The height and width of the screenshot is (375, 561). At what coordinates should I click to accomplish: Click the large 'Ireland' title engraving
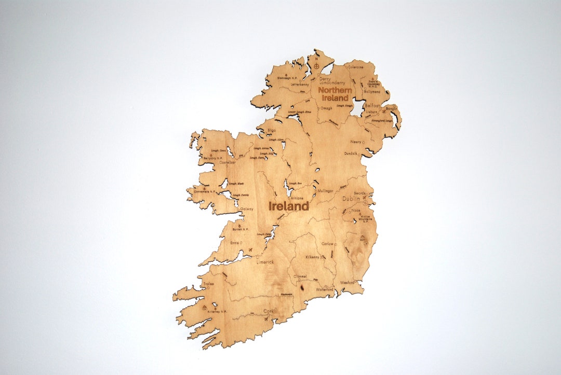[x=289, y=206]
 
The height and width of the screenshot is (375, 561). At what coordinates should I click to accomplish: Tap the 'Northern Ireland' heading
[x=335, y=94]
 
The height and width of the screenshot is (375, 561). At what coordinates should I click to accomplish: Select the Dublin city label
[x=351, y=199]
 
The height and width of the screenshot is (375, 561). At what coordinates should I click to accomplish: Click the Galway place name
[x=247, y=209]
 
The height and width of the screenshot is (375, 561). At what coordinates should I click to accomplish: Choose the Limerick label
[x=265, y=262]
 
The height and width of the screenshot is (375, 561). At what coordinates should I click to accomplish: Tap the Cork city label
[x=268, y=311]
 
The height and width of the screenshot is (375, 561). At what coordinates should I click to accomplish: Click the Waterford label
[x=325, y=289]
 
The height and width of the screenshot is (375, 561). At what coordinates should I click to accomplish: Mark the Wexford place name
[x=347, y=283]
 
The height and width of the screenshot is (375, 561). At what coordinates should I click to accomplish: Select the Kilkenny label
[x=313, y=256]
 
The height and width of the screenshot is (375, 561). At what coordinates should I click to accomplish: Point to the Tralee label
[x=209, y=284]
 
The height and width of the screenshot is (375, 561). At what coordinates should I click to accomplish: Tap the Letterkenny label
[x=300, y=84]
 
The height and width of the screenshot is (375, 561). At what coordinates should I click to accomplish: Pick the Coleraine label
[x=356, y=67]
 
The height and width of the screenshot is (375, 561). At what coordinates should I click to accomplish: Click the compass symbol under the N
[x=316, y=66]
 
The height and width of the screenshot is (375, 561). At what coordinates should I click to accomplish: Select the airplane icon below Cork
[x=266, y=318]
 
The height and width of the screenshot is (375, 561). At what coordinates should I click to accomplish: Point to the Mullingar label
[x=325, y=191]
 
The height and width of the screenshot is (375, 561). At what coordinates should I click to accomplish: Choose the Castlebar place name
[x=228, y=162]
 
